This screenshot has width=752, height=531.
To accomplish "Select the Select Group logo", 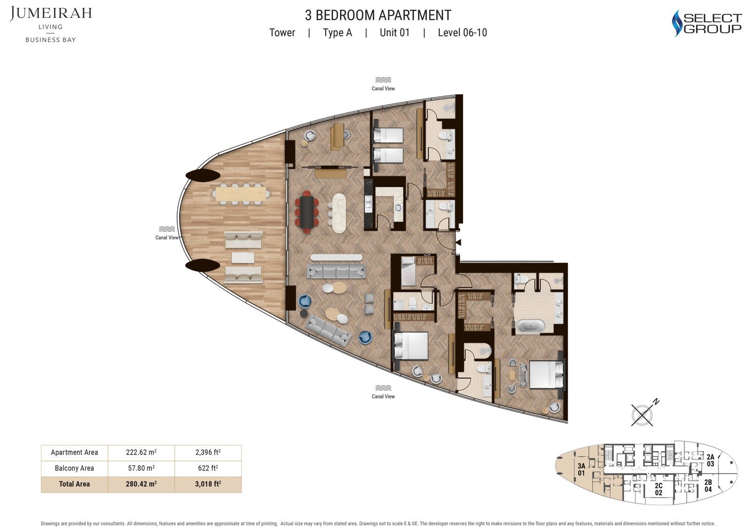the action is coord(707,23).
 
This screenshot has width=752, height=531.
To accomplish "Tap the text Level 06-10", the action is coord(462,32).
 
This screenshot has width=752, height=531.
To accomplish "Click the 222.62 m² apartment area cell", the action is coord(141,452).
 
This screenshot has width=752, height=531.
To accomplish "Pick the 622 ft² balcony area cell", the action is coord(208,468).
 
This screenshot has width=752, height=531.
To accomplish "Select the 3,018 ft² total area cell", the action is coord(208,484).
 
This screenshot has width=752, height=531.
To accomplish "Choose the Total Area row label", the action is coord(74,484).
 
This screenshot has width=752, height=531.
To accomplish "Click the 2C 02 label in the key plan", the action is coord(658,489).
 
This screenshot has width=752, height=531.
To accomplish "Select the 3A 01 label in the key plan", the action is coord(581,469).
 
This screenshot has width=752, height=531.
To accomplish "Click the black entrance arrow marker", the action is coord(458,242).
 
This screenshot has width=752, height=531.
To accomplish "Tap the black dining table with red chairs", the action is coord(307,212).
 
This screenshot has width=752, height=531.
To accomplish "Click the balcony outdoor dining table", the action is coord(241,194).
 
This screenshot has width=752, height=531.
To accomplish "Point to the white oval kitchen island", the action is coord(339,213).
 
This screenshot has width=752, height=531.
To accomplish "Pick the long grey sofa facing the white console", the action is coord(337,271).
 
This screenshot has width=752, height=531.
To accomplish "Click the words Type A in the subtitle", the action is coord(337,32).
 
